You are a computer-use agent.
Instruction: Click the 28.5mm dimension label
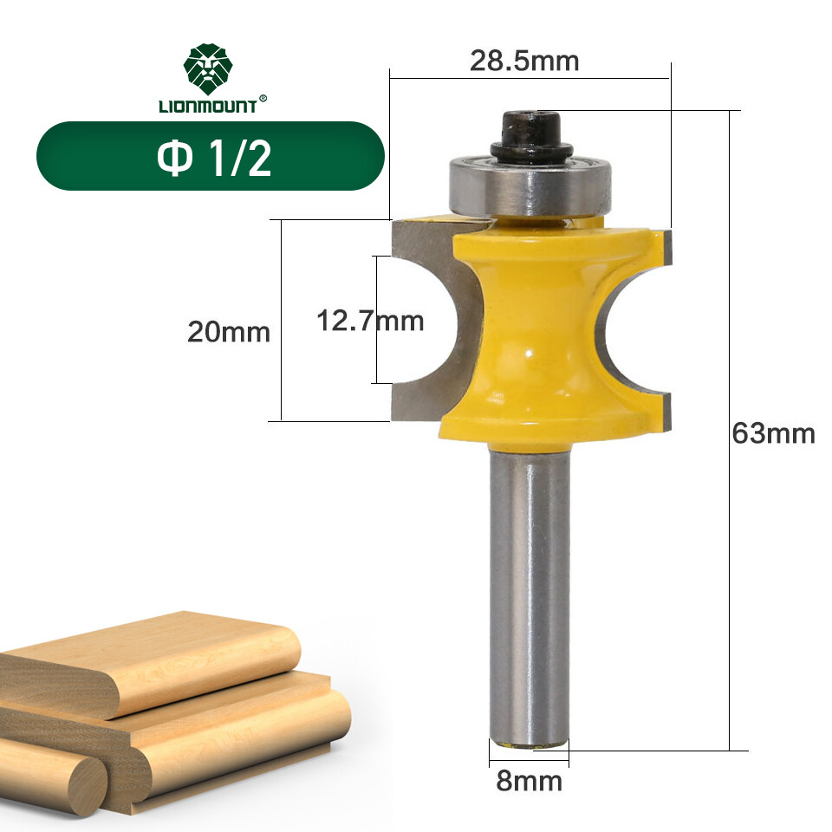523,62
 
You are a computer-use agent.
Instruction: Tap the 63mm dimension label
773,432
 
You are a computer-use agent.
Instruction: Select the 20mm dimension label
229,332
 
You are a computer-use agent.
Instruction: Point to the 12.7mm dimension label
370,322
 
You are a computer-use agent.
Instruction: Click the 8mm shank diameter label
528,782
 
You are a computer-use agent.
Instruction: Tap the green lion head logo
208,70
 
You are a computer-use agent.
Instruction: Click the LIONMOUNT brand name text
207,107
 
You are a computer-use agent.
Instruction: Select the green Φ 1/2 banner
210,156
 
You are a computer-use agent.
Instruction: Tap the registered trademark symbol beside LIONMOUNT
263,99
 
